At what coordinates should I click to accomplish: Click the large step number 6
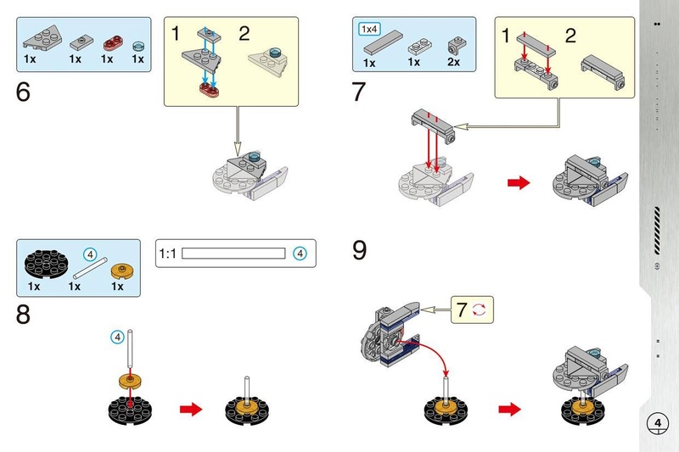pos(23,92)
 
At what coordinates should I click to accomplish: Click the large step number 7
pos(360,92)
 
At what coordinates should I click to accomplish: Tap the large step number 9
pos(360,251)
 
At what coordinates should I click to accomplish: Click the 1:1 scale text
pos(168,253)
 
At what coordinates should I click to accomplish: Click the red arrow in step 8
pos(192,410)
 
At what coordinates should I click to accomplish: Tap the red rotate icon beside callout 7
pos(480,310)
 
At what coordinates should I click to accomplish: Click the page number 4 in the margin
pos(658,422)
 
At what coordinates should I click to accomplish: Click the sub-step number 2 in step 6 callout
pos(244,35)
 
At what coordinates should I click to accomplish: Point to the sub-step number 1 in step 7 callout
pos(506,36)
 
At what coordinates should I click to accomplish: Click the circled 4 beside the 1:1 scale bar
pos(298,253)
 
